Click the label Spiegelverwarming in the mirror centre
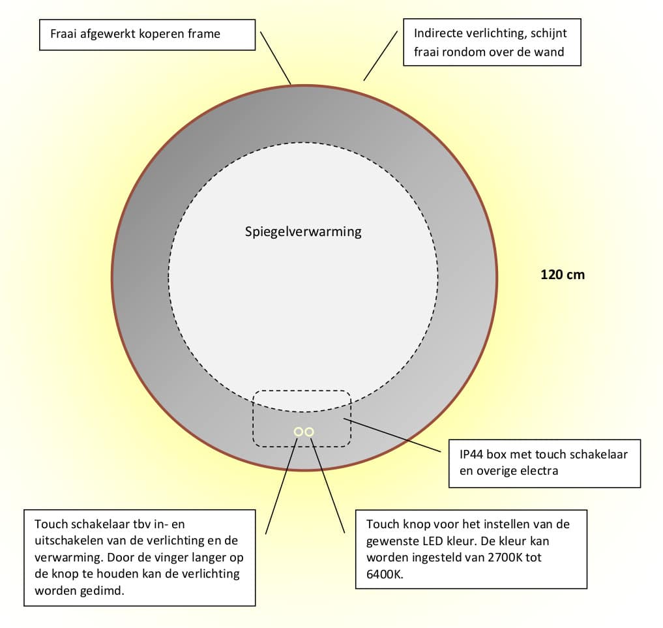[303, 232]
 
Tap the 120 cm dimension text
[563, 275]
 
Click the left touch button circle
[298, 432]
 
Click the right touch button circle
[310, 432]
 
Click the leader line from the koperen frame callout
[276, 58]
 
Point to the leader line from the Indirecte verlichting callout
[380, 56]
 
